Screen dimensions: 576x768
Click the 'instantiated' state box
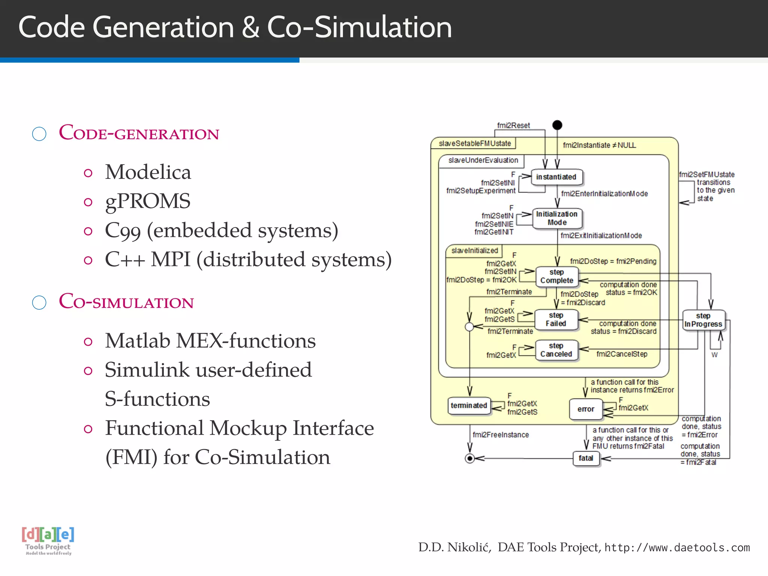click(556, 177)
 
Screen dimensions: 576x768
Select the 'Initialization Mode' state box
click(557, 218)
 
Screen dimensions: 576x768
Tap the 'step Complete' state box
click(557, 276)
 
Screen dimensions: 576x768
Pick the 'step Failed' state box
click(556, 319)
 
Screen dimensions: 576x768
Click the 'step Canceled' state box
click(556, 350)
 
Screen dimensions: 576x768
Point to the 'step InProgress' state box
click(703, 320)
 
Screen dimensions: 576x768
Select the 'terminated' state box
click(469, 406)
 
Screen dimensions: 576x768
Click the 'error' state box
click(586, 409)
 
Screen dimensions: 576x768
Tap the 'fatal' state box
click(586, 458)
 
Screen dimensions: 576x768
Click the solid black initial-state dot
click(557, 125)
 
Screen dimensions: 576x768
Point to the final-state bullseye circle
click(469, 458)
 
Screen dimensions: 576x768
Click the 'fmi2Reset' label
click(513, 126)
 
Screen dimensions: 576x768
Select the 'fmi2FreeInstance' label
click(501, 435)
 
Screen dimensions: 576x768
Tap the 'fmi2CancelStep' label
click(622, 354)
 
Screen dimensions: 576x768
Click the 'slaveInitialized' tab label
click(474, 250)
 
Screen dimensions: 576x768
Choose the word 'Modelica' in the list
click(148, 172)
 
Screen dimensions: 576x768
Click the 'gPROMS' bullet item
click(148, 201)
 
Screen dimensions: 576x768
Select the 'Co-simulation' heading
click(126, 301)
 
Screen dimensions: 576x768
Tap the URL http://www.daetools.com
click(677, 547)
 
